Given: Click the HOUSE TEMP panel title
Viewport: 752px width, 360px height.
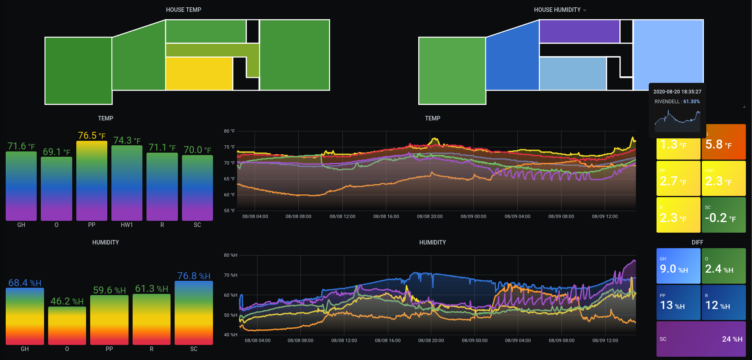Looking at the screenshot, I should coord(183,10).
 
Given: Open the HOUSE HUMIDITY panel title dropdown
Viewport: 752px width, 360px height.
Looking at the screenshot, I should coord(585,10).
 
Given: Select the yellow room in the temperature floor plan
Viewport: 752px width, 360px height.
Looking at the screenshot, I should coord(199,73).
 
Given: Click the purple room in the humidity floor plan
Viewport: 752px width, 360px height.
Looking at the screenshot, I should coord(579,31).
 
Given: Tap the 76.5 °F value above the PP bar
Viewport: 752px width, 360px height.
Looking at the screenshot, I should coord(91,136).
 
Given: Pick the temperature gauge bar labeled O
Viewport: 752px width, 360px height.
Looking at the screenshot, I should coord(56,188).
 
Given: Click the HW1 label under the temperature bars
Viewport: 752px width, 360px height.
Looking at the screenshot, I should coord(126,225).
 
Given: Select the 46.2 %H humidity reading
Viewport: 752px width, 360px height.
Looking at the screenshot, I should coord(67,301).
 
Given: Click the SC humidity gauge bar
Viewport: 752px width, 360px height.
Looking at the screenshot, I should coord(193,313).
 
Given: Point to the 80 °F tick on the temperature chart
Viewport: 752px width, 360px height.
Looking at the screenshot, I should coord(229,131).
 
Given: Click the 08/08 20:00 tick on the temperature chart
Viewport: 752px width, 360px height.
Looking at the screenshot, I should coord(430,216).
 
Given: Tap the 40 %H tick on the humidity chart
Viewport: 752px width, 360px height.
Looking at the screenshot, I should coord(231,335).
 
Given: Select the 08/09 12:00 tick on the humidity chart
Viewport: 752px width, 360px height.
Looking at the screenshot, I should coord(605,340).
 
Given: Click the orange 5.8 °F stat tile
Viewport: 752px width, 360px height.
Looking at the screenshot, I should coord(723,142).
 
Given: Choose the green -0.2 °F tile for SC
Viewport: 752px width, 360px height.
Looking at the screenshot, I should coord(723,215).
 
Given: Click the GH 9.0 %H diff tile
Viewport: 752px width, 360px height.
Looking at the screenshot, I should coord(678,266).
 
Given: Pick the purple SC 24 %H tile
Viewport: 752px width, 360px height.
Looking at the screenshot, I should coord(701,339).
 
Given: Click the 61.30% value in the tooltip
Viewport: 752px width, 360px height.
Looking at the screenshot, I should coord(692,102).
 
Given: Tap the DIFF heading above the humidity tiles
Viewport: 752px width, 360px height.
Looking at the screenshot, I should coord(697,242).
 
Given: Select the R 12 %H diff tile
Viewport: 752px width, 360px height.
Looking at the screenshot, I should coord(723,302).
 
